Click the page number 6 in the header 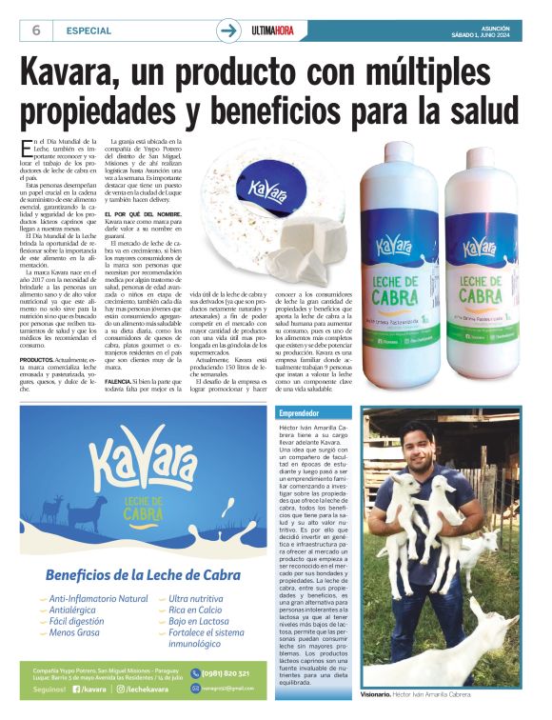click(36, 30)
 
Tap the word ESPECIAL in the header click(89, 30)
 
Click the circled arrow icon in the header click(228, 30)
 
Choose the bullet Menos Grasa click(77, 632)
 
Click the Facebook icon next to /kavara click(76, 689)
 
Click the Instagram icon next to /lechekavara click(122, 689)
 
